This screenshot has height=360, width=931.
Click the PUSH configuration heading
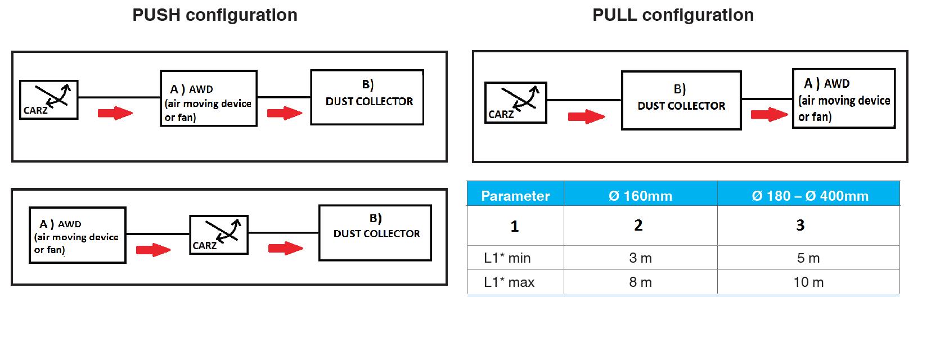click(x=214, y=15)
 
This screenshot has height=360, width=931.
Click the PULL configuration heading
click(x=673, y=15)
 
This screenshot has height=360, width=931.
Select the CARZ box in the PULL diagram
click(x=515, y=102)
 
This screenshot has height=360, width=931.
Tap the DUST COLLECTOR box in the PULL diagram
click(x=681, y=101)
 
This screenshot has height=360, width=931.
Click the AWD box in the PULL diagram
click(x=843, y=99)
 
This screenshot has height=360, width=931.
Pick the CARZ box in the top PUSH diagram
click(x=48, y=100)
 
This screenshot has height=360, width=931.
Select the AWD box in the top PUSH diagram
click(x=208, y=98)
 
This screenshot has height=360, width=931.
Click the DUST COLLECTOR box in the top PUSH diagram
click(x=367, y=97)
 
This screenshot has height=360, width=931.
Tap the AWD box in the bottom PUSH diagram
click(x=77, y=235)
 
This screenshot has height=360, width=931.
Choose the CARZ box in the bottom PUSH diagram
click(x=218, y=235)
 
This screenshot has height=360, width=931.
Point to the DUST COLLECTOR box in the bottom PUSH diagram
click(x=375, y=232)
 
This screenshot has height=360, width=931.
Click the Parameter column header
click(x=515, y=196)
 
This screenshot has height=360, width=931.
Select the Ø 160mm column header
click(x=640, y=196)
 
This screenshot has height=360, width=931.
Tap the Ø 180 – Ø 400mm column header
click(x=809, y=196)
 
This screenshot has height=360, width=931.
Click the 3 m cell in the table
click(x=640, y=258)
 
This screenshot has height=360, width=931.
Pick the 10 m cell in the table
click(x=808, y=282)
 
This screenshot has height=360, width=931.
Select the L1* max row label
click(x=509, y=282)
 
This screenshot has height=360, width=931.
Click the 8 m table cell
click(x=640, y=282)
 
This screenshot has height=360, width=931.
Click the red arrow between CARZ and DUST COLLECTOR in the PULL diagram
click(x=586, y=117)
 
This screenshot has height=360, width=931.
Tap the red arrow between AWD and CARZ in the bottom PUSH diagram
click(x=153, y=249)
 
